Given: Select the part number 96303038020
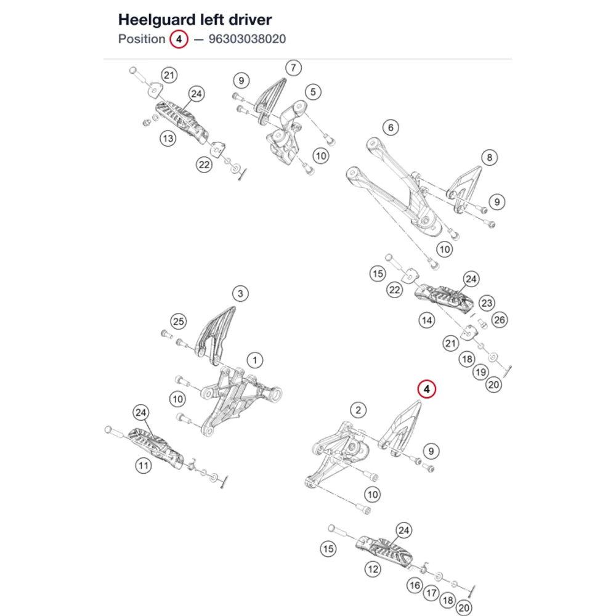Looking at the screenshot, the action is point(247,39).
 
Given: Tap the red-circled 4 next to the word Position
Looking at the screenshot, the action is point(179,39).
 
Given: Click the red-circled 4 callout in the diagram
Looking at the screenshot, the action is point(427,389).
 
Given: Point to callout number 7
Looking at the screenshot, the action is point(293,68).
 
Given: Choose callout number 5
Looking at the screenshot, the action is point(313,92).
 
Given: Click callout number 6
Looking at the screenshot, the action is point(391,128).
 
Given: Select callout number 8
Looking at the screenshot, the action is point(490,158).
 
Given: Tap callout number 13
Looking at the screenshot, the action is point(168,138).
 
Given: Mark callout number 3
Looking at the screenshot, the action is point(240,293).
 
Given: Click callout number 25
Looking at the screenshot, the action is point(179,322).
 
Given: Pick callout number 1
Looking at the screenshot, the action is point(255,360).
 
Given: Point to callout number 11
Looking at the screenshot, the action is point(144,466).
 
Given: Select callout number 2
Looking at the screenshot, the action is point(358,410).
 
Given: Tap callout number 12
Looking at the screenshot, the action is point(373,569).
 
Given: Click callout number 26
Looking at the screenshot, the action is point(500,320).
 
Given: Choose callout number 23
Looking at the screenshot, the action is point(487,303).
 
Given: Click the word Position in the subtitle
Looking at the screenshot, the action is point(142,39).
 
